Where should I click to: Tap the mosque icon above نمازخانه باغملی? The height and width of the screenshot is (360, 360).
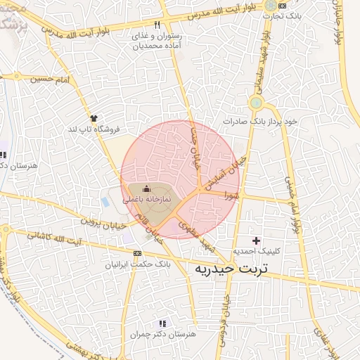(146, 188)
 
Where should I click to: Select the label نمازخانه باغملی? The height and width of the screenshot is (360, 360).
(147, 200)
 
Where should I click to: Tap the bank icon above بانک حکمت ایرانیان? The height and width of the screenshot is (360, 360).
(138, 253)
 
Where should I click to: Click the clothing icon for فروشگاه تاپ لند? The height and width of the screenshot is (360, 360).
(93, 117)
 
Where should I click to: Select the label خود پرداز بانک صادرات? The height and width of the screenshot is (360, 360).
(261, 122)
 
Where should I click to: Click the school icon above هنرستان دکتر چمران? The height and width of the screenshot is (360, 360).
(162, 323)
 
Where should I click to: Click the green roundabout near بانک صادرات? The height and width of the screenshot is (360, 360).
(256, 103)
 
